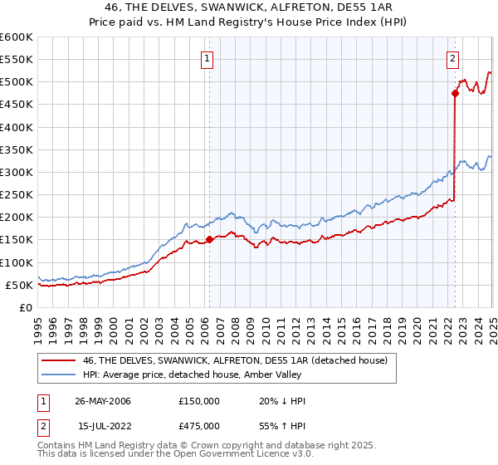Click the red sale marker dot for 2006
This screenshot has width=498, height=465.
coord(209,239)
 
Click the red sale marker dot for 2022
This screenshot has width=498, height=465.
coord(456,93)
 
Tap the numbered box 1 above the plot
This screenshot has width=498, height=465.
coord(206,58)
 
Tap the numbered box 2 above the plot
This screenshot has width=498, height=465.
coord(452,58)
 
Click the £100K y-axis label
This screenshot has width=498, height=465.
coord(18,262)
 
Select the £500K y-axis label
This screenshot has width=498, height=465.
coord(18,82)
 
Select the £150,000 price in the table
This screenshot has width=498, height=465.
coord(198,401)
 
